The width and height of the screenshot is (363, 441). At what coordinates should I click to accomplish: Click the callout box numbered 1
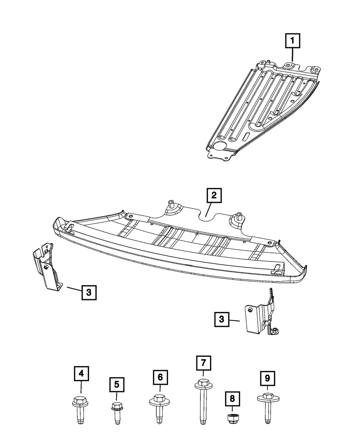pos(293,41)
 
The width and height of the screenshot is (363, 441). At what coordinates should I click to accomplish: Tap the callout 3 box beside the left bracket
pos(89,292)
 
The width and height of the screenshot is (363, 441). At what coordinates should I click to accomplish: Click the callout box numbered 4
pos(82,373)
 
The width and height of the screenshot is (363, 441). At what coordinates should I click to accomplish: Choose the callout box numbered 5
pos(117,384)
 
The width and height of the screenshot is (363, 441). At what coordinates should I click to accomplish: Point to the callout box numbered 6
pos(160,378)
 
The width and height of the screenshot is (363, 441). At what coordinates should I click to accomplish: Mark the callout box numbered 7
pos(203,363)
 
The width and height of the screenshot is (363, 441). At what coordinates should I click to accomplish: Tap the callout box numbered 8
pos(232,398)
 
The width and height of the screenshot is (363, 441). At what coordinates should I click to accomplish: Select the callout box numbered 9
pos(267,378)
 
